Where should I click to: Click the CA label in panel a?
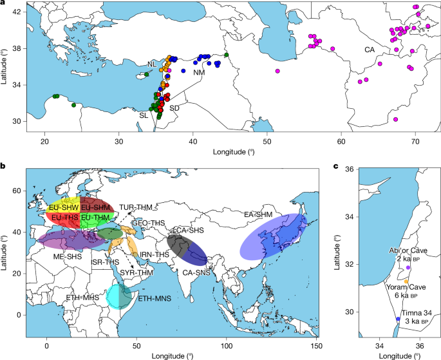point(370,49)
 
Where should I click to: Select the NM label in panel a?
point(199,73)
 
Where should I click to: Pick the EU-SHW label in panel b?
point(62,208)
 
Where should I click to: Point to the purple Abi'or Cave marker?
point(408,267)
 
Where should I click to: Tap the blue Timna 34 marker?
point(398,319)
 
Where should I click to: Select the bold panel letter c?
point(335,167)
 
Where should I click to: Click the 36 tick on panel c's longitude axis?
point(420,346)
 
